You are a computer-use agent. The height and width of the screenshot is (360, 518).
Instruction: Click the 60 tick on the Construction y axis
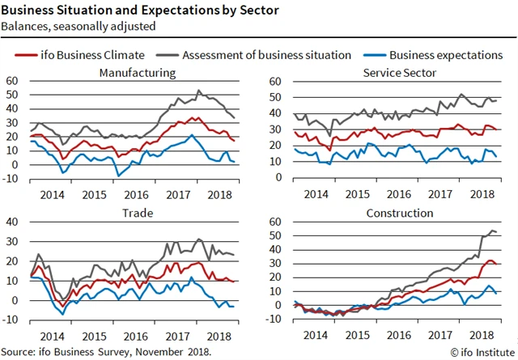[x=278, y=222]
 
